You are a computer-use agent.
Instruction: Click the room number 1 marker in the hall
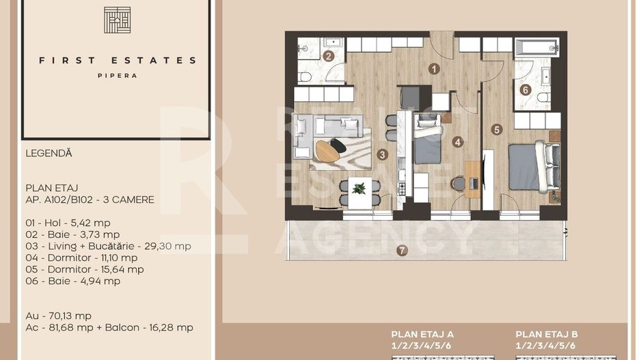point(433,68)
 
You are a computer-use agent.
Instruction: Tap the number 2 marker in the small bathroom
point(329,57)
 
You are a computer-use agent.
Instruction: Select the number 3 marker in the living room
point(382,154)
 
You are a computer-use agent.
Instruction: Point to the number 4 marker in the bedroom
point(457,142)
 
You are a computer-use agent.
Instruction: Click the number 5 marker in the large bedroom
point(497,128)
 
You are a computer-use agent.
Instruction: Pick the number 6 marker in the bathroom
point(525,89)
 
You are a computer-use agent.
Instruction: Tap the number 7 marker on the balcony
point(403,250)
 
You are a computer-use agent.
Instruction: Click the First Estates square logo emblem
point(117,20)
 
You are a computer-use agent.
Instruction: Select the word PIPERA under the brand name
point(117,76)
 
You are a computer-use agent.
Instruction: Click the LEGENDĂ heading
point(49,154)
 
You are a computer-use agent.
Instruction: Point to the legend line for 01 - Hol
point(68,223)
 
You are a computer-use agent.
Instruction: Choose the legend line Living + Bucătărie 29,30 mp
point(108,246)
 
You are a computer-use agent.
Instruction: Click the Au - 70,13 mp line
point(58,316)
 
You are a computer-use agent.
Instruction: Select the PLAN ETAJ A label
point(422,334)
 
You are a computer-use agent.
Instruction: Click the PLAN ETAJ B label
point(547,334)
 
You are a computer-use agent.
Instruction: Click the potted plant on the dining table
point(359,188)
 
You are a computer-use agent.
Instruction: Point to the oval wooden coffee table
point(327,151)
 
